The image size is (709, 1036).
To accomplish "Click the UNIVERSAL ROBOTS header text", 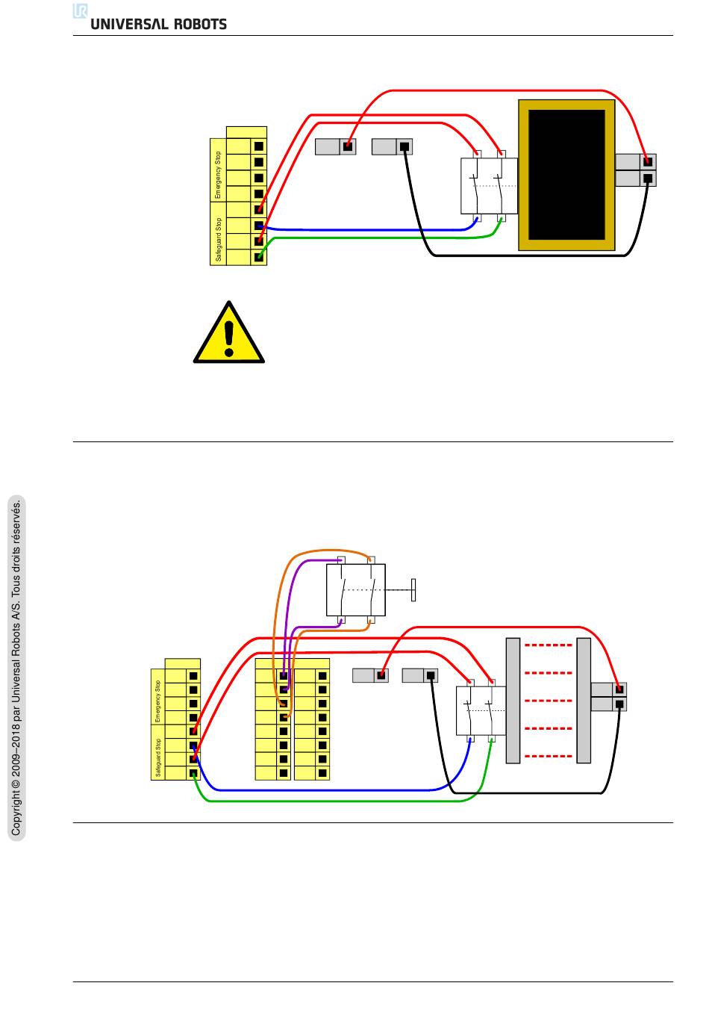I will (158, 24).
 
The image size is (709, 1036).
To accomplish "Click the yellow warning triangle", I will (229, 335).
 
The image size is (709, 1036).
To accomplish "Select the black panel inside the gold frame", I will (566, 175).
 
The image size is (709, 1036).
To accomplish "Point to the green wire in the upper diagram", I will (373, 238).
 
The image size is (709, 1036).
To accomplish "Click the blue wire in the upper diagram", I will (373, 230).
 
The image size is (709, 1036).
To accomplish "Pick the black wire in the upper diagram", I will (522, 255).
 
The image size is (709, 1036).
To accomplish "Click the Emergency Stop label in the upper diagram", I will (218, 175).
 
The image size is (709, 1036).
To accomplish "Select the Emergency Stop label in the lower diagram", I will (157, 701).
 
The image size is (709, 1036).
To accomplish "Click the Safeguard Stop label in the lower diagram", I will (157, 758).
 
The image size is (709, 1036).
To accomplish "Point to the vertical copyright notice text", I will (16, 666).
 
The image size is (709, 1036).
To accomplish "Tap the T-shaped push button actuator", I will (413, 589).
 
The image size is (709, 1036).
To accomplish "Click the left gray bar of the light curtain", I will (513, 701).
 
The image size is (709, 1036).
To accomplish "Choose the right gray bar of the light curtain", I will (584, 701).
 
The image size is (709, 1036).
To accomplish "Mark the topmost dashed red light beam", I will (549, 645).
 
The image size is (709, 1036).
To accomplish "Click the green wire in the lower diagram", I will (336, 801).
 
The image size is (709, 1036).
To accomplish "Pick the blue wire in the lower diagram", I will (336, 790).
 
